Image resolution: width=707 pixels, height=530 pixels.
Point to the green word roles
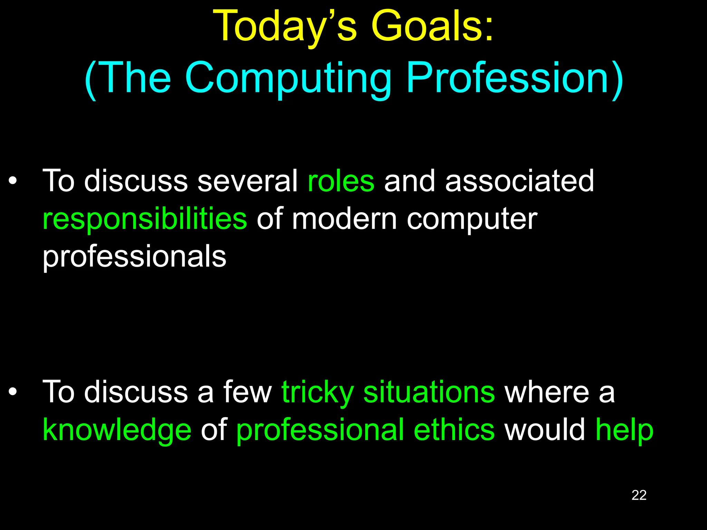[341, 181]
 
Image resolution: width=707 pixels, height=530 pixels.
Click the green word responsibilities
[145, 219]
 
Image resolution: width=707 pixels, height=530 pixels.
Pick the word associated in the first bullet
[520, 181]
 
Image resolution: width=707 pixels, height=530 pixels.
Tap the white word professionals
[134, 257]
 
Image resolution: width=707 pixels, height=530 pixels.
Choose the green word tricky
[318, 393]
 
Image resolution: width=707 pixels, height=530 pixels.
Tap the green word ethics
[454, 430]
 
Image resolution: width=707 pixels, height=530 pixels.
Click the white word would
[545, 430]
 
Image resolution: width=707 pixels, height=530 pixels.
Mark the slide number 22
[639, 495]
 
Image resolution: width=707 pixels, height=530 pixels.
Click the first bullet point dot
[13, 181]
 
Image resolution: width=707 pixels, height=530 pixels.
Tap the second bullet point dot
[13, 392]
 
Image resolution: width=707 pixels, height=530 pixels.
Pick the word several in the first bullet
[247, 181]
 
